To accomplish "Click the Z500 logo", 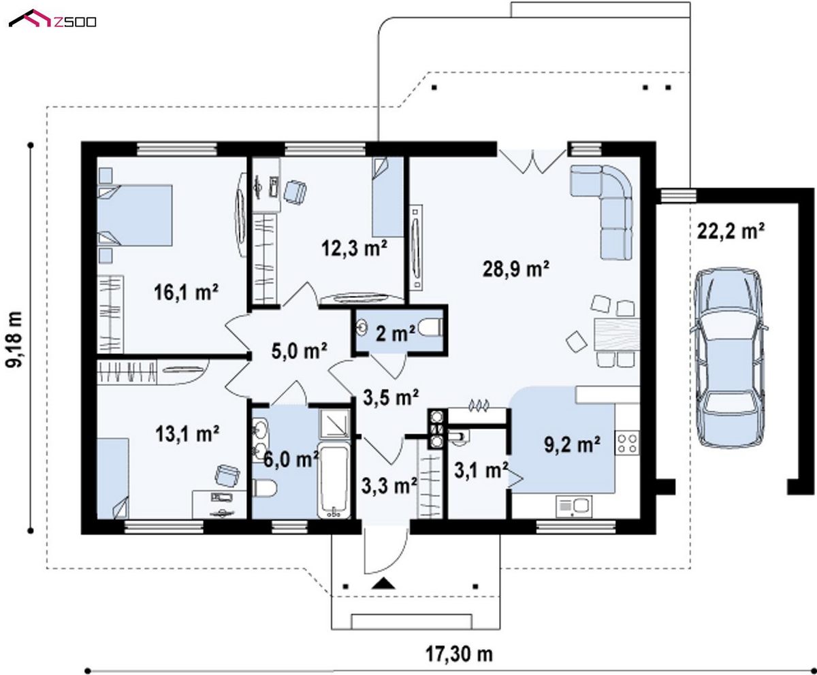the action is point(52,19).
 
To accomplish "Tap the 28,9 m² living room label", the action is point(515,269).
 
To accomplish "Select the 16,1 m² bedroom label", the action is point(186,292).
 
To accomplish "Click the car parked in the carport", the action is point(728,358).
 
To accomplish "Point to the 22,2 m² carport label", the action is point(731,231).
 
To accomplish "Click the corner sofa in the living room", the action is point(601,212).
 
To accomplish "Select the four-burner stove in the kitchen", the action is point(628,442).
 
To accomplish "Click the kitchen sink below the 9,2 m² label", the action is point(574,506).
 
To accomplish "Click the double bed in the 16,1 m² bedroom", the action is point(135,215).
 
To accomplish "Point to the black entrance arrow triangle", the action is point(383,584).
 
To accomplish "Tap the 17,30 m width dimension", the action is point(459,654).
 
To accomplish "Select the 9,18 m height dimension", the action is point(14,340).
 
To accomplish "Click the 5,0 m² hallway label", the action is point(300,351).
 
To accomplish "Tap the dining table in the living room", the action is point(617,335).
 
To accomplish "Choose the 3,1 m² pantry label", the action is point(481,470).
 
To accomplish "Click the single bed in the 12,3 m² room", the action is point(387,197).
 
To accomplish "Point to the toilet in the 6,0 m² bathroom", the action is point(264,488).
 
